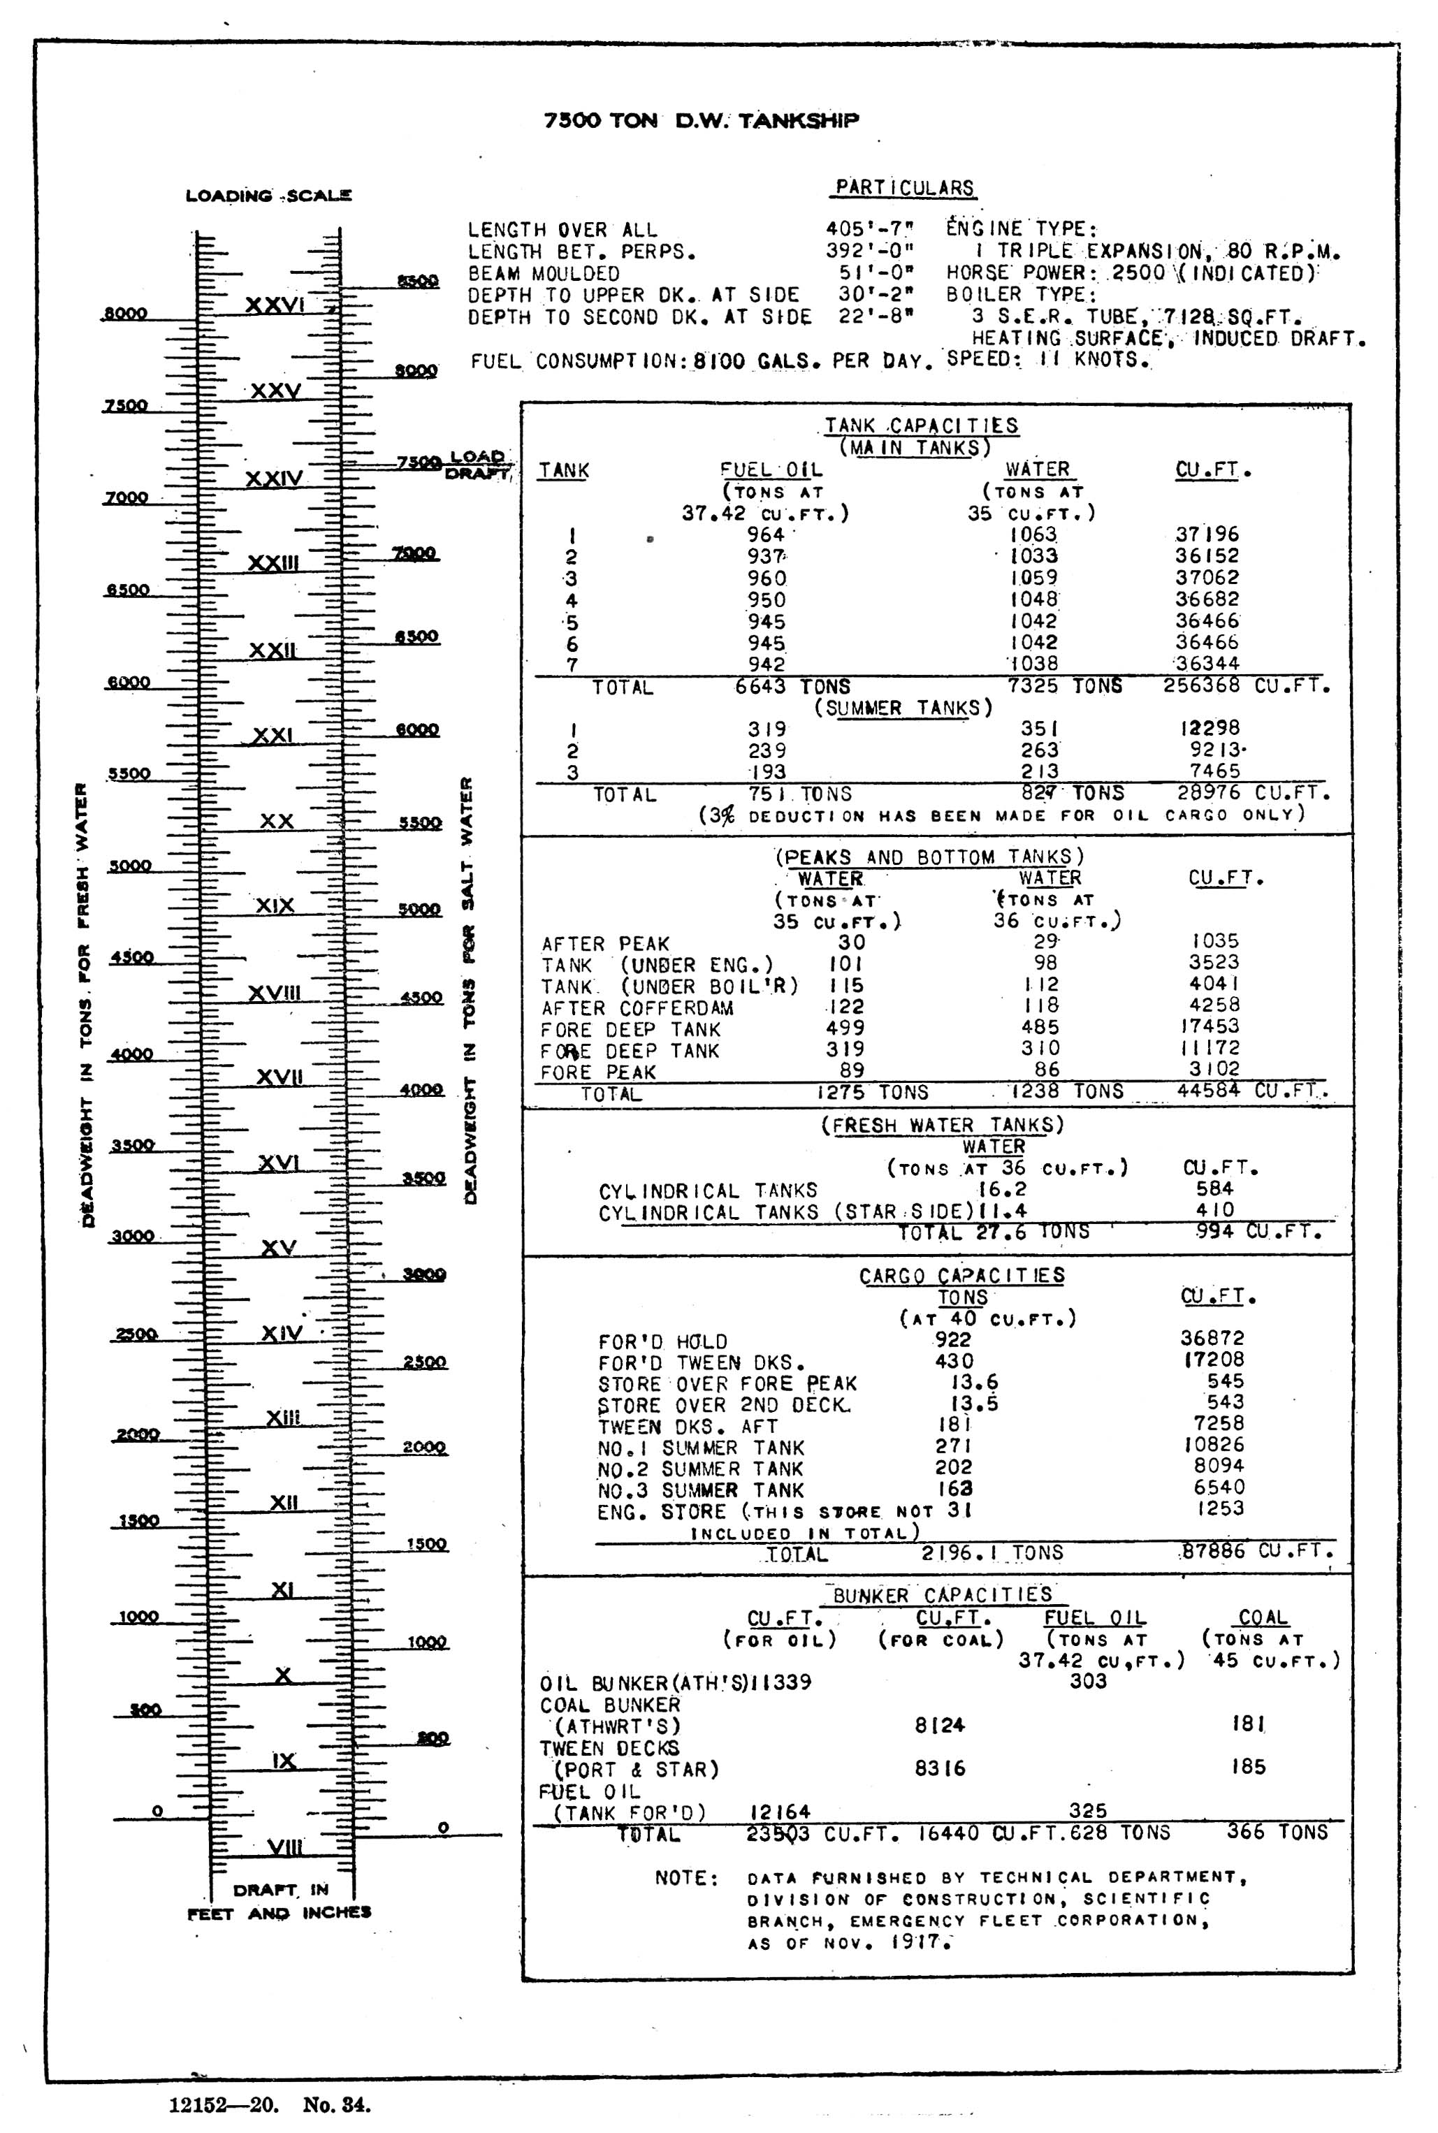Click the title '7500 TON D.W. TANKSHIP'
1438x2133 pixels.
[x=701, y=121]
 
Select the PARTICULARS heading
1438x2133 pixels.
[x=904, y=187]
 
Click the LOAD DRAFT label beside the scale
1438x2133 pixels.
[x=477, y=464]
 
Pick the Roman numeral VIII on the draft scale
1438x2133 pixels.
[x=285, y=1846]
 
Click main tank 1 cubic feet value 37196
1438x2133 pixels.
[x=1207, y=534]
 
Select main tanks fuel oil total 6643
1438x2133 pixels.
[x=760, y=686]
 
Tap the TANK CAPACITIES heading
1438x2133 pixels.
[x=921, y=425]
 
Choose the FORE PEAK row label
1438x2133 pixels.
[x=598, y=1072]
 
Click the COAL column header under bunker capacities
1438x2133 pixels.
[x=1263, y=1617]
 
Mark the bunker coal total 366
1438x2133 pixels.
[x=1247, y=1831]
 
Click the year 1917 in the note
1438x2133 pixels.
[x=917, y=1942]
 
